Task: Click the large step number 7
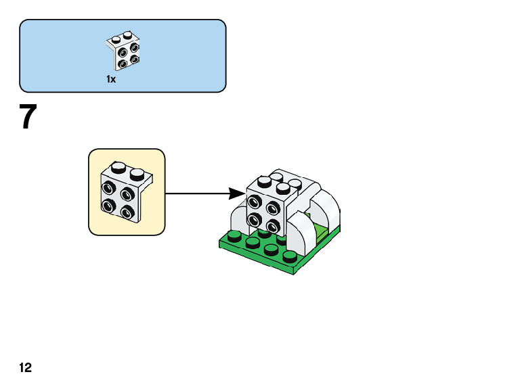(x=28, y=116)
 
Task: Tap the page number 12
(x=26, y=367)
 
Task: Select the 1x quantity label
(x=111, y=79)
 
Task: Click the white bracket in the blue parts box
(x=123, y=51)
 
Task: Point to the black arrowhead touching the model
(x=237, y=193)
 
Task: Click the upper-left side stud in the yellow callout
(x=108, y=189)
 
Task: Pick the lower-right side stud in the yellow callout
(x=127, y=211)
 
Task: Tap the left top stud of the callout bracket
(x=119, y=167)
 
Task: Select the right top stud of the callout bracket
(x=137, y=174)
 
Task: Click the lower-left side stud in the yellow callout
(x=108, y=206)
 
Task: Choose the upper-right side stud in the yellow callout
(x=127, y=193)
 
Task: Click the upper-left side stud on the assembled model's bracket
(x=254, y=202)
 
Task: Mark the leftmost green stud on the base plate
(x=234, y=236)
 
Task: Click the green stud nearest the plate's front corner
(x=290, y=256)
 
